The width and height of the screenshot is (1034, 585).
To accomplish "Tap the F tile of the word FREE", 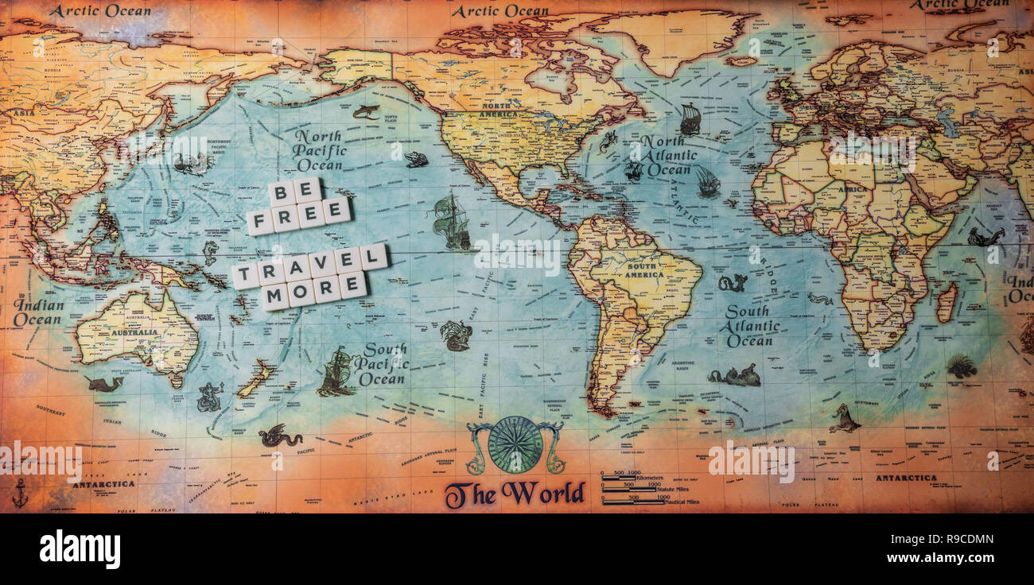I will pos(259,222).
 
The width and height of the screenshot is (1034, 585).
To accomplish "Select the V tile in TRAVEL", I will pos(322,265).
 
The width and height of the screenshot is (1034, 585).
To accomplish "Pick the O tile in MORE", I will pos(301,293).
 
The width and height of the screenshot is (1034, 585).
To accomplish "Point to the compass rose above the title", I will pos(515,444).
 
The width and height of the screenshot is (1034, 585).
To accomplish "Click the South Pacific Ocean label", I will pos(379,365).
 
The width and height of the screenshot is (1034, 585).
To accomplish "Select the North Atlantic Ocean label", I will pos(668,156).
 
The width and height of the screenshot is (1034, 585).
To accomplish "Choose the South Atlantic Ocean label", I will pos(751,326).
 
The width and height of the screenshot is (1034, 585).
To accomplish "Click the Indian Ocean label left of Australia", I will pos(38,312).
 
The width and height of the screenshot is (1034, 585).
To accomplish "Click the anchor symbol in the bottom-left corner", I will pos(20,493).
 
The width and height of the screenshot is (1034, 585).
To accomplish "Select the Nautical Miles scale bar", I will pos(633,502).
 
